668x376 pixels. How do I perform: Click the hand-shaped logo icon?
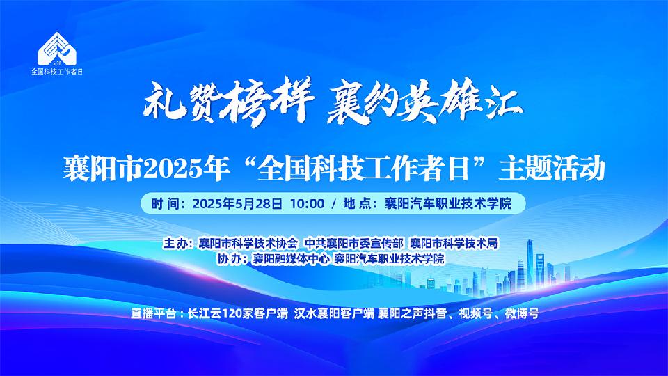click(x=56, y=48)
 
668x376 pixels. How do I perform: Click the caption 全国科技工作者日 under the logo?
click(x=56, y=72)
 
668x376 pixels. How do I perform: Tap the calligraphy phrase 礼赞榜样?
click(x=228, y=103)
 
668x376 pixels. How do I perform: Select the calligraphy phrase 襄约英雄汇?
click(x=424, y=102)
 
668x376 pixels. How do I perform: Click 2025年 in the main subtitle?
click(x=185, y=169)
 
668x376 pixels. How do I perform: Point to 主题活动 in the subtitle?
click(x=552, y=169)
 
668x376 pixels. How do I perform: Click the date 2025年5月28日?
click(x=237, y=204)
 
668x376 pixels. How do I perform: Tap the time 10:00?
click(x=307, y=204)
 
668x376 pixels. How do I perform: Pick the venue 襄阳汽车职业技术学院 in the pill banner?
click(x=447, y=204)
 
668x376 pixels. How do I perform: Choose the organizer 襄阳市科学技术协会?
click(x=248, y=244)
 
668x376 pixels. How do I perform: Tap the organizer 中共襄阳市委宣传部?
click(x=353, y=244)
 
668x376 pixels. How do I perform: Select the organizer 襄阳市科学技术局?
click(x=454, y=244)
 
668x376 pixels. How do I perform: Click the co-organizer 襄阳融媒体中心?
click(x=291, y=259)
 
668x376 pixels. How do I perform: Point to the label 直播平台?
click(x=153, y=314)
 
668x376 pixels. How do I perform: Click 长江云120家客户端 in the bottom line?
click(x=238, y=314)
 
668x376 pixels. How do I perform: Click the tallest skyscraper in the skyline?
click(x=530, y=265)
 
